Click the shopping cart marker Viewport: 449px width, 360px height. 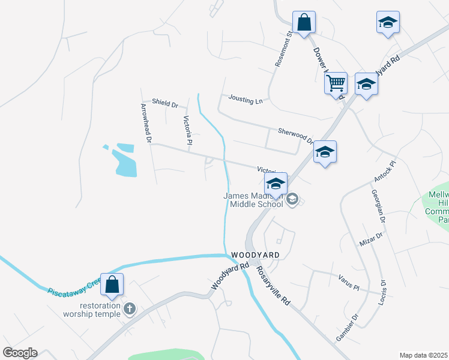[336, 83]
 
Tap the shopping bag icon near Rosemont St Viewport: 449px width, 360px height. [304, 23]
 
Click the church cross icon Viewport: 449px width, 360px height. [129, 308]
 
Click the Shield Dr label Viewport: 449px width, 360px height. [165, 104]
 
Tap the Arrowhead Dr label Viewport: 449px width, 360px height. [145, 124]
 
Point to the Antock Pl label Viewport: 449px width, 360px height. [385, 172]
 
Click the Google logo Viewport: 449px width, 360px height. [20, 353]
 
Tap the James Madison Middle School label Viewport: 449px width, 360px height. [253, 200]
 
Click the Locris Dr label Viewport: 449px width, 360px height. [382, 290]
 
